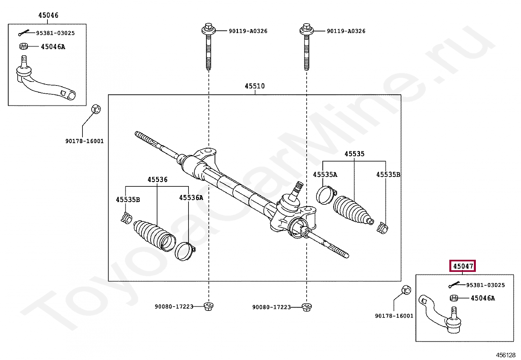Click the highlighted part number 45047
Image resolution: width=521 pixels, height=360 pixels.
tap(463, 266)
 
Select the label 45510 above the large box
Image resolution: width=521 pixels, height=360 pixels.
tap(255, 86)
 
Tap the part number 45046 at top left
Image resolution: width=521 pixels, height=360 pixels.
tap(48, 15)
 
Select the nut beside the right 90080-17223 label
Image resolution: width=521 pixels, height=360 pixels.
tap(307, 307)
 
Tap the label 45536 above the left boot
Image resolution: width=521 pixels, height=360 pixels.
tap(157, 180)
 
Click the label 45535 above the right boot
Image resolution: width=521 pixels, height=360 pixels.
tap(354, 154)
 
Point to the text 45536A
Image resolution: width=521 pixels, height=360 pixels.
tap(191, 198)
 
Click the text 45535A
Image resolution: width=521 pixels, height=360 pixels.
tap(325, 175)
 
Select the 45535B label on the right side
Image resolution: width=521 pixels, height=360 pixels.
tap(388, 175)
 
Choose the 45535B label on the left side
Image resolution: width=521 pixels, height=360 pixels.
tap(128, 199)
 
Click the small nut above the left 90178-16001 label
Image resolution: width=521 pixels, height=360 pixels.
tap(96, 108)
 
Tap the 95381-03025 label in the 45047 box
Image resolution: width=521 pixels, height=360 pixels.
tap(485, 285)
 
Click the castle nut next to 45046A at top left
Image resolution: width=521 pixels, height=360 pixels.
tap(23, 46)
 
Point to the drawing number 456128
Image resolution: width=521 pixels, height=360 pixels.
tap(506, 355)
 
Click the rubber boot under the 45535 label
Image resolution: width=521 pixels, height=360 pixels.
tap(352, 211)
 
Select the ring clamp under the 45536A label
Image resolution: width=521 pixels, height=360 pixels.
tap(185, 251)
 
